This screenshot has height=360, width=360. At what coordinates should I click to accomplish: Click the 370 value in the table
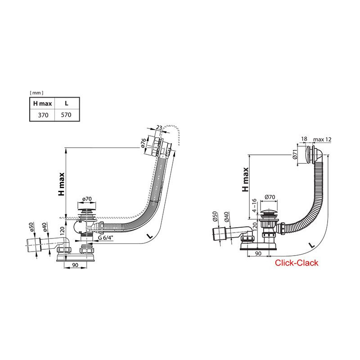[x=43, y=115]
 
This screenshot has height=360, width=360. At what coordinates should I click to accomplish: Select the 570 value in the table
[x=66, y=115]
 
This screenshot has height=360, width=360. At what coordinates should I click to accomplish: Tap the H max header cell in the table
[x=43, y=103]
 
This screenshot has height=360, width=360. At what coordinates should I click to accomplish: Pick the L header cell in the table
[x=66, y=103]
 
